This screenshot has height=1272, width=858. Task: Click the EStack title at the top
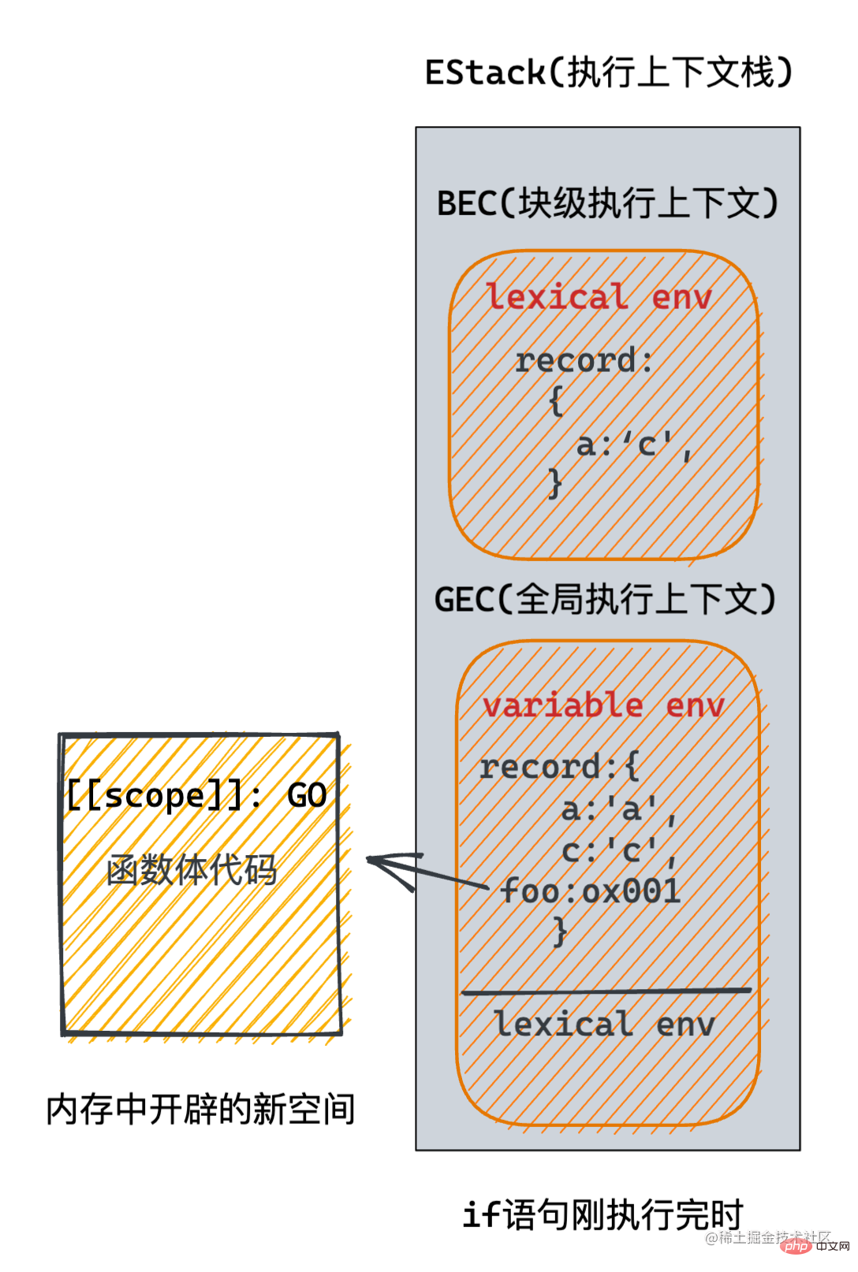608,73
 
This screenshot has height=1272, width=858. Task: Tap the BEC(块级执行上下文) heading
607,203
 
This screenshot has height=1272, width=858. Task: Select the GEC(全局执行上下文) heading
606,600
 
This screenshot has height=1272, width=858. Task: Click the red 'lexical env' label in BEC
599,297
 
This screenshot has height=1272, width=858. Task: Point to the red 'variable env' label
603,705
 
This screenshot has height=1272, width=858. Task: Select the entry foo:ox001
591,891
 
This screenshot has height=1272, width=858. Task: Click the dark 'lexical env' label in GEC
604,1024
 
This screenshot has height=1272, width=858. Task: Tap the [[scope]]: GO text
196,795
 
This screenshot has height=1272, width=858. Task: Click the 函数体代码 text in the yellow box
192,870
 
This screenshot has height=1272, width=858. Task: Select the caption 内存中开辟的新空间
200,1110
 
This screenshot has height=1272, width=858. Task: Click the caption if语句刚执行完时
603,1214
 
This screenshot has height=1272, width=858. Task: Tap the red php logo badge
797,1246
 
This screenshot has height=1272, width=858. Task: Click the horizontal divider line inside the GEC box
606,991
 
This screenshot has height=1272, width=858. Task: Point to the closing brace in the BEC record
555,483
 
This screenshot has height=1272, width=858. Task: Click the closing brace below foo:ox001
560,932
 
